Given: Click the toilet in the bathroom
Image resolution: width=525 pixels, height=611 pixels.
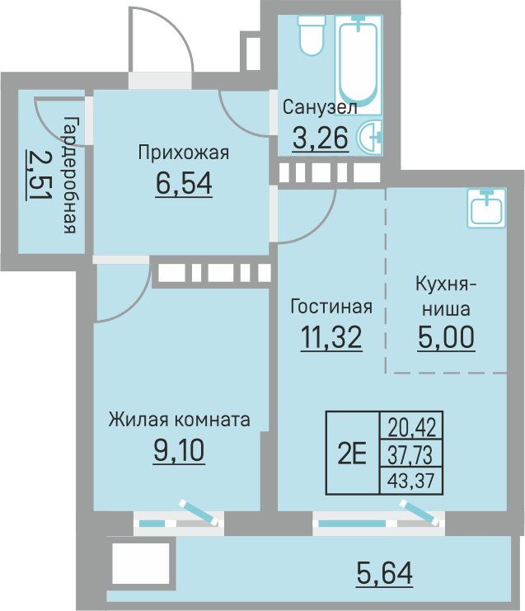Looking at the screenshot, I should coord(312,34).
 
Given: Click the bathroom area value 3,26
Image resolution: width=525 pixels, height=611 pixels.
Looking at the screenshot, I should coord(321,137).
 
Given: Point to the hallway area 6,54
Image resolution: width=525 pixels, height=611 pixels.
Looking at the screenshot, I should coord(183,182).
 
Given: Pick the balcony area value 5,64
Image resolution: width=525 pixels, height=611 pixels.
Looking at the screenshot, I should coord(384,571).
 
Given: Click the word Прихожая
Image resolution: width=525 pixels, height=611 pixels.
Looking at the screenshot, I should coord(182,153).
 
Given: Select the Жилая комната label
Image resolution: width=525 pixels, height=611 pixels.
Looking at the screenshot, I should coord(179,420).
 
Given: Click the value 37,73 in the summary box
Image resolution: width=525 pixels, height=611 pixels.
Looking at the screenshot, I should coord(411,453).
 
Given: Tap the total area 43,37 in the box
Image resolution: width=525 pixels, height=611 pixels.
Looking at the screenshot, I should coord(411,479).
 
